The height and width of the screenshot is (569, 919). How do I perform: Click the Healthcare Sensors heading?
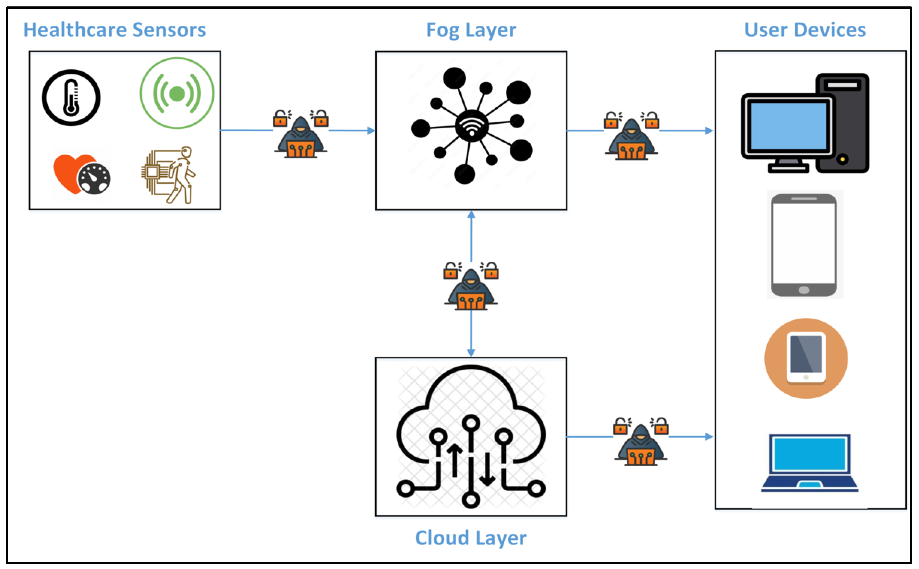[x=114, y=30]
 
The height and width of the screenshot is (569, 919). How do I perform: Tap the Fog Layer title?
[x=471, y=30]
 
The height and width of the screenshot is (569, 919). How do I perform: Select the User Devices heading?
[x=805, y=30]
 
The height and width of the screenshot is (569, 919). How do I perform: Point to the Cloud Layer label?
[x=471, y=538]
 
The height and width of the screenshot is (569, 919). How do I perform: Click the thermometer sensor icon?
[x=71, y=97]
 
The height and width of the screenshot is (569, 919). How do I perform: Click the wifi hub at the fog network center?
[x=472, y=126]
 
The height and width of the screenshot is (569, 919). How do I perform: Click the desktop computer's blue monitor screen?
[x=788, y=126]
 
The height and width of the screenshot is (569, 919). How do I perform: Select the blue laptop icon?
[x=810, y=463]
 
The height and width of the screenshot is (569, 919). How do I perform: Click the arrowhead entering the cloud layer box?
[x=471, y=353]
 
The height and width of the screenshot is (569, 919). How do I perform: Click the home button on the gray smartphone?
[x=804, y=290]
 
